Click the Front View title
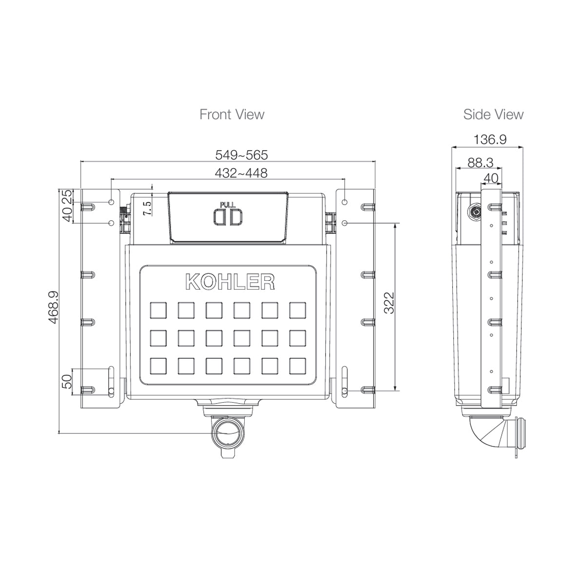point(232,115)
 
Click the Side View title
point(493,115)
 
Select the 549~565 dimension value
point(241,155)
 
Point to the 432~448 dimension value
point(241,173)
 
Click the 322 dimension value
point(389,303)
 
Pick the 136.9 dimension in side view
point(490,139)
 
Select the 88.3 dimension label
point(480,163)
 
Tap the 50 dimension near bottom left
point(67,378)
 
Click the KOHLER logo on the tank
point(230,282)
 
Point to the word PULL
point(228,204)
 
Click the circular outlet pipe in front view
point(228,432)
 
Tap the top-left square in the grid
point(158,310)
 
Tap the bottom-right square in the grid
point(297,366)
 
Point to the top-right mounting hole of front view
point(345,202)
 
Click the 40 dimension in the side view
point(491,178)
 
